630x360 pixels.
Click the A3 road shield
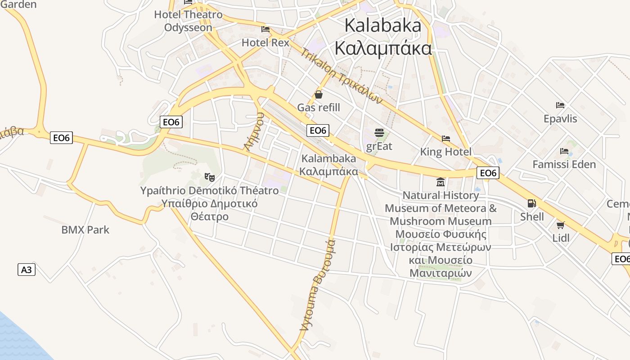(27, 270)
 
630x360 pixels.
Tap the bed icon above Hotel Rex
(265, 29)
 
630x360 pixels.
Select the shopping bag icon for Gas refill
(319, 94)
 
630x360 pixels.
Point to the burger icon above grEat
(379, 133)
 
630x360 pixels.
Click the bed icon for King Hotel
(446, 138)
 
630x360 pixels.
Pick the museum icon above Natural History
(441, 182)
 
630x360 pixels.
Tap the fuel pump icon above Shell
(531, 203)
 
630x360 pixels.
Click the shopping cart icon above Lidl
(561, 225)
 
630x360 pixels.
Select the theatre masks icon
(209, 177)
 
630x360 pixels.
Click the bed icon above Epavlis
(560, 105)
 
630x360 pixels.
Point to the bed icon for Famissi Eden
(564, 151)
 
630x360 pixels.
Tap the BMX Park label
(85, 230)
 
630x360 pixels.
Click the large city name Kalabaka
(383, 25)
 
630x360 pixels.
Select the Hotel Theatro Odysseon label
(188, 21)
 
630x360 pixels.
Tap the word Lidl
(561, 238)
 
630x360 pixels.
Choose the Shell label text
(532, 216)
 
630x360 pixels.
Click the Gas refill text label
(319, 108)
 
